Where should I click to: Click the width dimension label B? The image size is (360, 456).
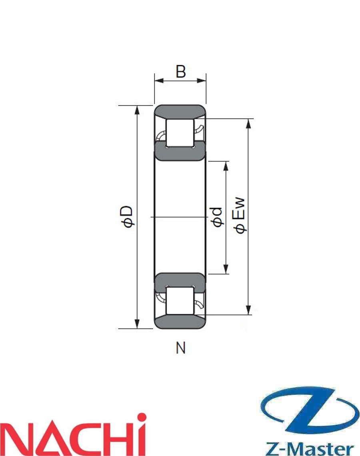coord(181,72)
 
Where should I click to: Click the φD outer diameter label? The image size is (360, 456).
coord(128,217)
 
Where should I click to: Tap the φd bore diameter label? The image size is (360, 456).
coord(217,217)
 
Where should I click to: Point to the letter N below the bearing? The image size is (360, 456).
coord(181,348)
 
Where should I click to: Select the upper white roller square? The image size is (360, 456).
coord(180,132)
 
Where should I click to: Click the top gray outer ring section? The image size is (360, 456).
coord(180,111)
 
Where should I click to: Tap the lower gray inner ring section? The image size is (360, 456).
coord(180,280)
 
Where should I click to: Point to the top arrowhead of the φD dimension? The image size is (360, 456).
coord(137,110)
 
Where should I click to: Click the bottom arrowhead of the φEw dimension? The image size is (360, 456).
coord(249,310)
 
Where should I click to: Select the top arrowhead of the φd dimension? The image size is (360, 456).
coord(226,165)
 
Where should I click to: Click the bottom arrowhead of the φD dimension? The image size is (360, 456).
coord(137,324)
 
